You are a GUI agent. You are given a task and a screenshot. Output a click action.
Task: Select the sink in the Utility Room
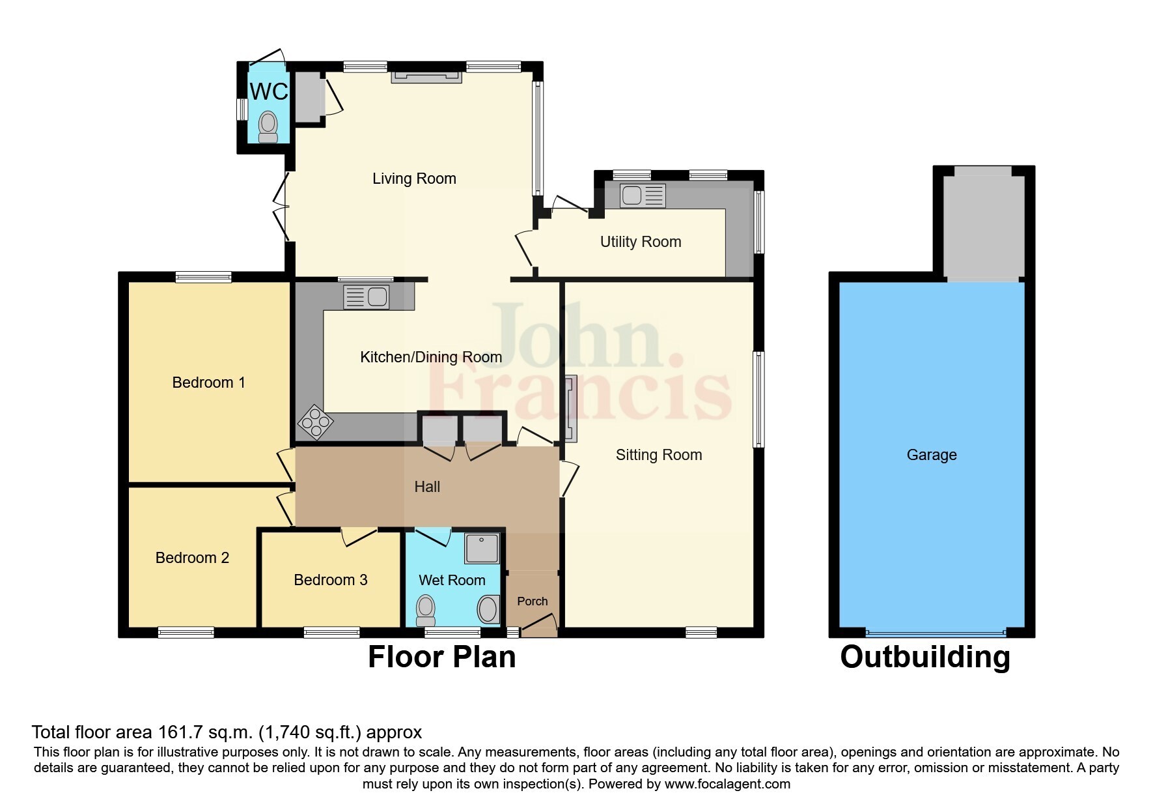[x=643, y=195]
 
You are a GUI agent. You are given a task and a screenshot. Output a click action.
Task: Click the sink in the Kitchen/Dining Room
[x=367, y=297]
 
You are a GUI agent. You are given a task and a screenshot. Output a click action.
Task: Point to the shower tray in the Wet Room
[x=482, y=548]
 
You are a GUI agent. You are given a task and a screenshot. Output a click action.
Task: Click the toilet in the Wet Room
[x=425, y=611]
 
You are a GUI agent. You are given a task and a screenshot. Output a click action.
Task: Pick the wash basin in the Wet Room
[x=488, y=610]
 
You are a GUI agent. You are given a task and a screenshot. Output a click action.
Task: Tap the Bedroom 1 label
[x=208, y=382]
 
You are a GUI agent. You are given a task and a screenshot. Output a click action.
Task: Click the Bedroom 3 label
[x=330, y=580]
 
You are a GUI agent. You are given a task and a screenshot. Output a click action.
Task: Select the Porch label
[x=532, y=601]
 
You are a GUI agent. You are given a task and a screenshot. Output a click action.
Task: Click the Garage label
[x=931, y=455]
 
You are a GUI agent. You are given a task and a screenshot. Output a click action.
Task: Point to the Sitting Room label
[x=658, y=455]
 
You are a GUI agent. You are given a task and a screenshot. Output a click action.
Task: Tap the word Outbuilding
[x=924, y=657]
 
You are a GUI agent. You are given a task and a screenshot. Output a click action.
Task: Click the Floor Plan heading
[x=441, y=657]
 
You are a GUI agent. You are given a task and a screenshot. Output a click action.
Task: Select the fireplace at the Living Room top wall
[x=426, y=77]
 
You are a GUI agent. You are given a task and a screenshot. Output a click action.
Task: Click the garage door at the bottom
[x=935, y=633]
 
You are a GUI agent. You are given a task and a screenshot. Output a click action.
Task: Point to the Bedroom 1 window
[x=203, y=277]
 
